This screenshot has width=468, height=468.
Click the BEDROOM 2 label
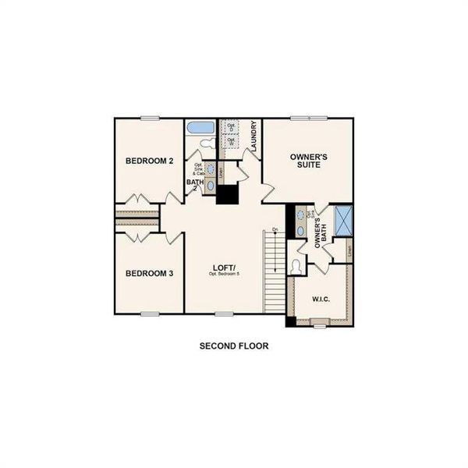point(149,161)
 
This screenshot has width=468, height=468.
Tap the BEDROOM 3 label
point(149,274)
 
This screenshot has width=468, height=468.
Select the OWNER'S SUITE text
point(308,161)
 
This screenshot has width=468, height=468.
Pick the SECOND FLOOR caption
point(234,345)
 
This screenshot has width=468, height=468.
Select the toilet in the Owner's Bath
point(295,265)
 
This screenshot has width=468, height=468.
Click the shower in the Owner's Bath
point(343,222)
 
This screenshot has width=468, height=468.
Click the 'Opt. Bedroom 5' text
point(223,276)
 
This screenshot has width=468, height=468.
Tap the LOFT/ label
point(222,269)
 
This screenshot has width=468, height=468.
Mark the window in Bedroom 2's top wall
point(150,118)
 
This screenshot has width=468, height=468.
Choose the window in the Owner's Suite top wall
point(308,118)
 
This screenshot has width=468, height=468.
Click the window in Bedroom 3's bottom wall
point(150,314)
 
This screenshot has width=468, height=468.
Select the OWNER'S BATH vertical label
point(318,232)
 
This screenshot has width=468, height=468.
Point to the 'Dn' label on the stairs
point(275,229)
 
